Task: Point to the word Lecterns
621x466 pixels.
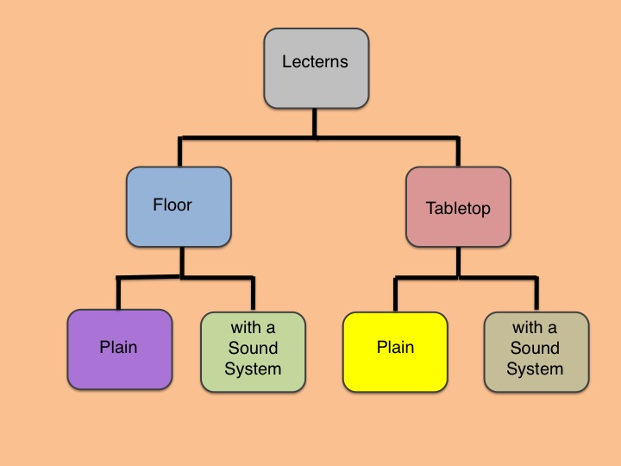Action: pos(315,62)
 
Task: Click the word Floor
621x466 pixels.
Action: pos(172,205)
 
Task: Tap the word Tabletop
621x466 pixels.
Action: pos(458,208)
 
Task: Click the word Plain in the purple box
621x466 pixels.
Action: pos(119,348)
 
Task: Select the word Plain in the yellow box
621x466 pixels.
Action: pos(395,348)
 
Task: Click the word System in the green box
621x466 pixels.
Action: pos(253,369)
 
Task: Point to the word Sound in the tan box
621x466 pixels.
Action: pos(535,349)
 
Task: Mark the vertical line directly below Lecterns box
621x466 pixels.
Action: pos(315,122)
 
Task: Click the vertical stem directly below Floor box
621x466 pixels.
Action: pos(182,262)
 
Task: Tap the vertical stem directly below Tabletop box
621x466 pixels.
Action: pos(458,262)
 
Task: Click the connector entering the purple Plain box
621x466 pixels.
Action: pos(119,293)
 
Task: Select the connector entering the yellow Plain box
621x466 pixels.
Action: pos(395,293)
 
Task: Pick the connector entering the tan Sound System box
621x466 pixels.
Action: pos(536,293)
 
